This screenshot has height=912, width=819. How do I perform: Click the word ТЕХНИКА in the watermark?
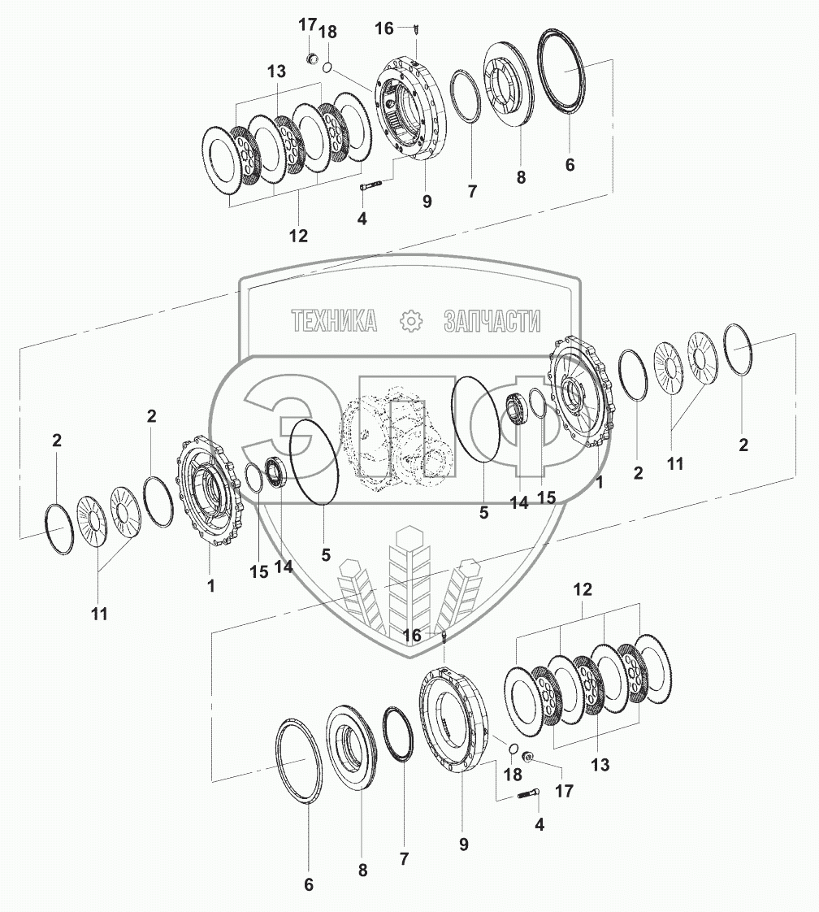coord(334,321)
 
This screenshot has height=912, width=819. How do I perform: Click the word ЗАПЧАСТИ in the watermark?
coord(492,321)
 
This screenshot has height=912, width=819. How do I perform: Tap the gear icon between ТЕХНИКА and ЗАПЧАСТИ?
coord(412,321)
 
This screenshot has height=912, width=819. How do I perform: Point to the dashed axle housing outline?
coord(399,440)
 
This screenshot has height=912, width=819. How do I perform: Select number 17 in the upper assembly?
coord(306,25)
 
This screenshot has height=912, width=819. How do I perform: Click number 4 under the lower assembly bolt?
coord(539,823)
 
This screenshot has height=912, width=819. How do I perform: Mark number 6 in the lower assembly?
coord(309,885)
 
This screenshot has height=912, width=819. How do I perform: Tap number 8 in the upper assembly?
coord(521,176)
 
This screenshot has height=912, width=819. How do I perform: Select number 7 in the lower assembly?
coord(404,858)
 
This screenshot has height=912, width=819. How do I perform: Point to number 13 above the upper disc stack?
coord(276,72)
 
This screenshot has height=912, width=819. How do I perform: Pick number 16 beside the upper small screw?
coord(383,28)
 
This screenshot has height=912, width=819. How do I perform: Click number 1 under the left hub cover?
coord(210,584)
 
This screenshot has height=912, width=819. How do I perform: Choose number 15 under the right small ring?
coord(546,497)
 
